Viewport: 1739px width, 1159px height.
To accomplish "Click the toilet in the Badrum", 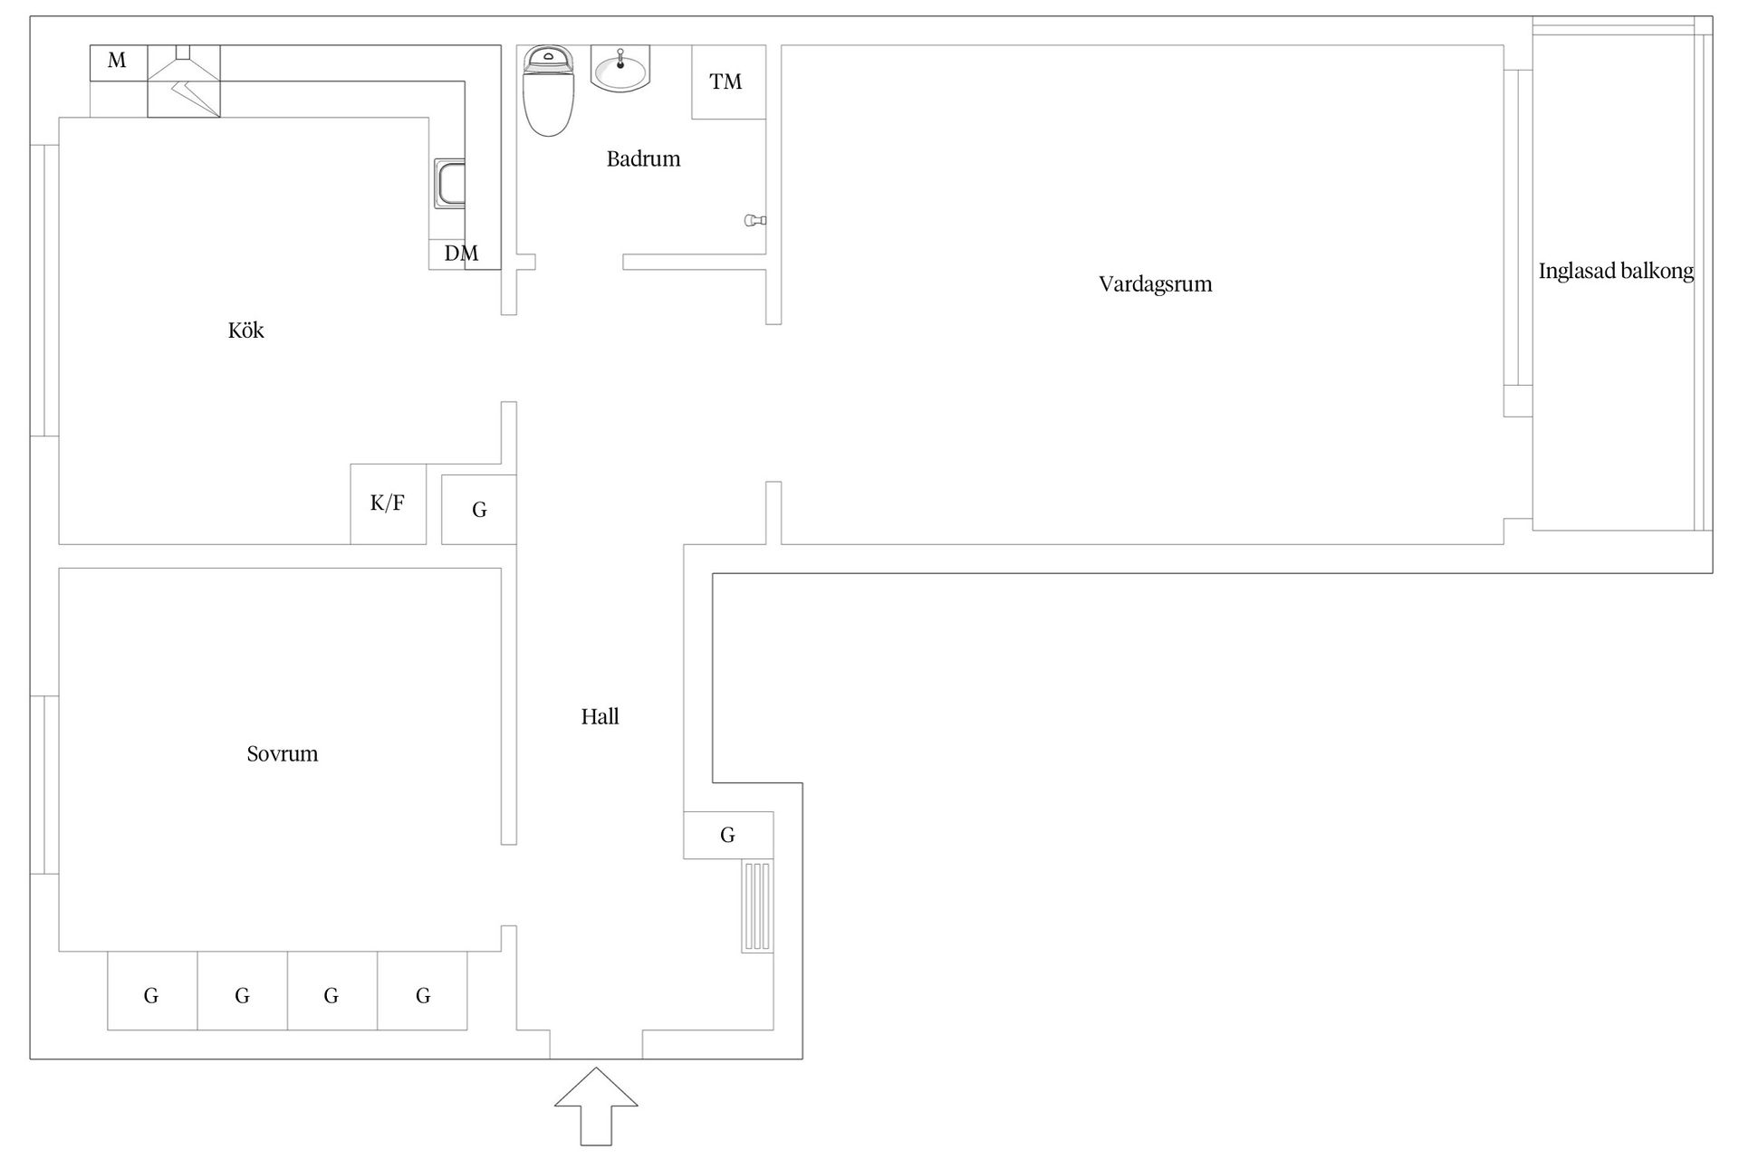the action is (548, 91).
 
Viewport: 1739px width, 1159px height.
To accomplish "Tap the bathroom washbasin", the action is (620, 68).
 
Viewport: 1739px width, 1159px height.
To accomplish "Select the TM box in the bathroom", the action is (728, 81).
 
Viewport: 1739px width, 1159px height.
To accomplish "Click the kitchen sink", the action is (449, 184).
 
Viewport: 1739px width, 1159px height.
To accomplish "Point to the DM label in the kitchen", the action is (461, 254).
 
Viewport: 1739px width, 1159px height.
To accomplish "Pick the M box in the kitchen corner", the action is (119, 62).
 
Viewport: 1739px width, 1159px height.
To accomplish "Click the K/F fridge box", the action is (389, 504).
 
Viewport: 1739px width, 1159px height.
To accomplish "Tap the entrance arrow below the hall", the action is (596, 1106).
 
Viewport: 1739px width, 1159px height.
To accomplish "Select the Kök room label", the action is (246, 330).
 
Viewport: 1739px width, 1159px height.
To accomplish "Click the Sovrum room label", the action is (283, 754).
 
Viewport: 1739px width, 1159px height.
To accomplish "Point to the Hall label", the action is (600, 717).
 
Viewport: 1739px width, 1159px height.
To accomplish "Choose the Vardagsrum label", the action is (1156, 284).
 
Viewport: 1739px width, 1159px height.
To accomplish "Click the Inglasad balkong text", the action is (1616, 271).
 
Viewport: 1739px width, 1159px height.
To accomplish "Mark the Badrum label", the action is (643, 159).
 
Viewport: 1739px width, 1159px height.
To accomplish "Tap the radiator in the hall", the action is (757, 906).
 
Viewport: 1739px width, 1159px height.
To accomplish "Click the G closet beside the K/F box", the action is (479, 510).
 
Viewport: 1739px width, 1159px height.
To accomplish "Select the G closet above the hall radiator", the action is (728, 835).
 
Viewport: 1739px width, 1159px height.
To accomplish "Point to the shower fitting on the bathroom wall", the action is (755, 220).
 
